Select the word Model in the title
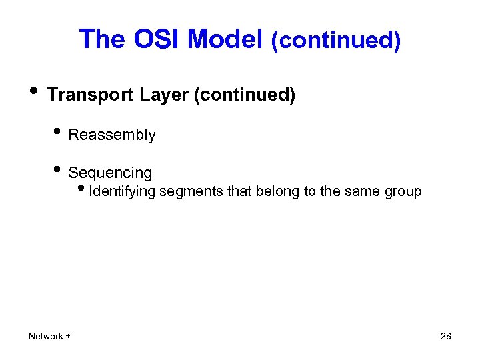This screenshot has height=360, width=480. pos(225,40)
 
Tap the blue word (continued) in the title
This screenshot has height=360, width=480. pos(335,41)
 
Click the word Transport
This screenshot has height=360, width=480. pos(91,95)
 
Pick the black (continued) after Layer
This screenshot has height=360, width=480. pos(244,95)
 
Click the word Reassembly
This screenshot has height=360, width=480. pos(112,135)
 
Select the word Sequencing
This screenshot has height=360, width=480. pos(110,173)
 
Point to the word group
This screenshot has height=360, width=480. pos(403,192)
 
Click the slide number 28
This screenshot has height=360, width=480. pos(446,336)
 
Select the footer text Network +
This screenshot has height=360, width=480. pos(50,336)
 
